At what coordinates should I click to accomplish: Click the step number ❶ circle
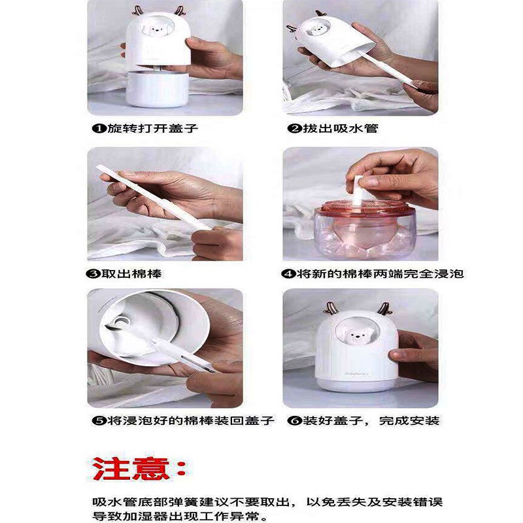pos(95,128)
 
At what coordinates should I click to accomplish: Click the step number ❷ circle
pos(294,128)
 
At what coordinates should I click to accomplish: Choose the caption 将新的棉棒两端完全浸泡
pos(379,273)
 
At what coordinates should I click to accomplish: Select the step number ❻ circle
pos(294,420)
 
